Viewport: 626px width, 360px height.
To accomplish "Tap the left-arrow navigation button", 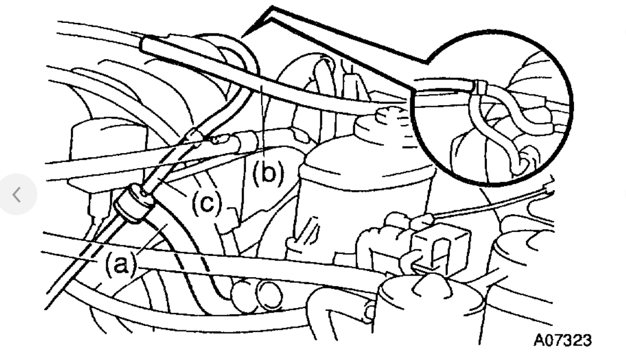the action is point(18,195).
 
